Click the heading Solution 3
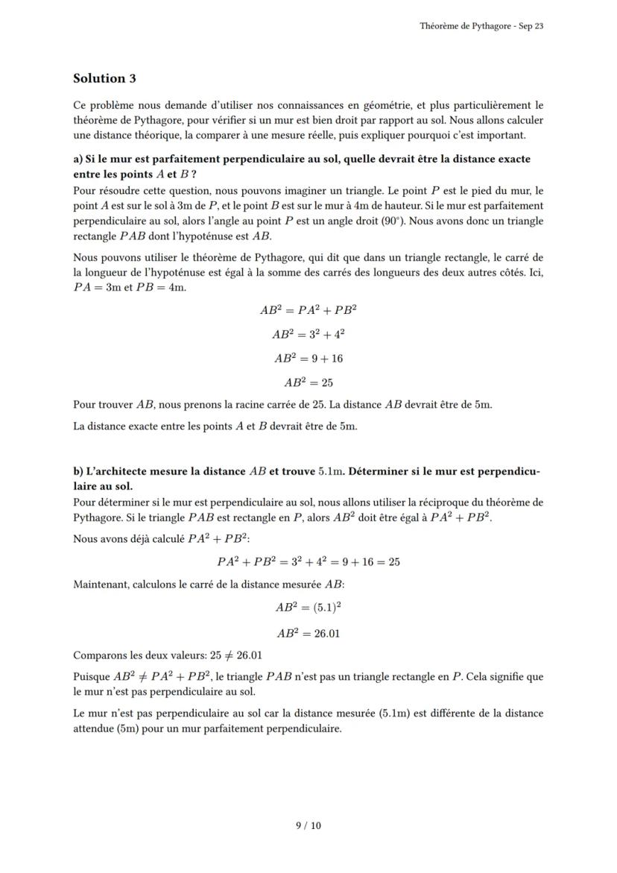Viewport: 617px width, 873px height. (104, 78)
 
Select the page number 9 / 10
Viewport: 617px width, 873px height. (308, 825)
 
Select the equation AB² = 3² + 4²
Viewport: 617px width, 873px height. (308, 334)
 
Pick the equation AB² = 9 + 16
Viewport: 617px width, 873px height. (308, 359)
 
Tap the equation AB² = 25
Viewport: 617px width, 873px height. (308, 383)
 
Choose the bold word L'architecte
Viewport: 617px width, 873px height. (120, 471)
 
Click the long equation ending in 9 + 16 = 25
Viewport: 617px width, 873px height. (308, 562)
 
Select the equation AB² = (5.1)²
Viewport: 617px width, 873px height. (308, 608)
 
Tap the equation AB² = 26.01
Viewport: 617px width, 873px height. (308, 634)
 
